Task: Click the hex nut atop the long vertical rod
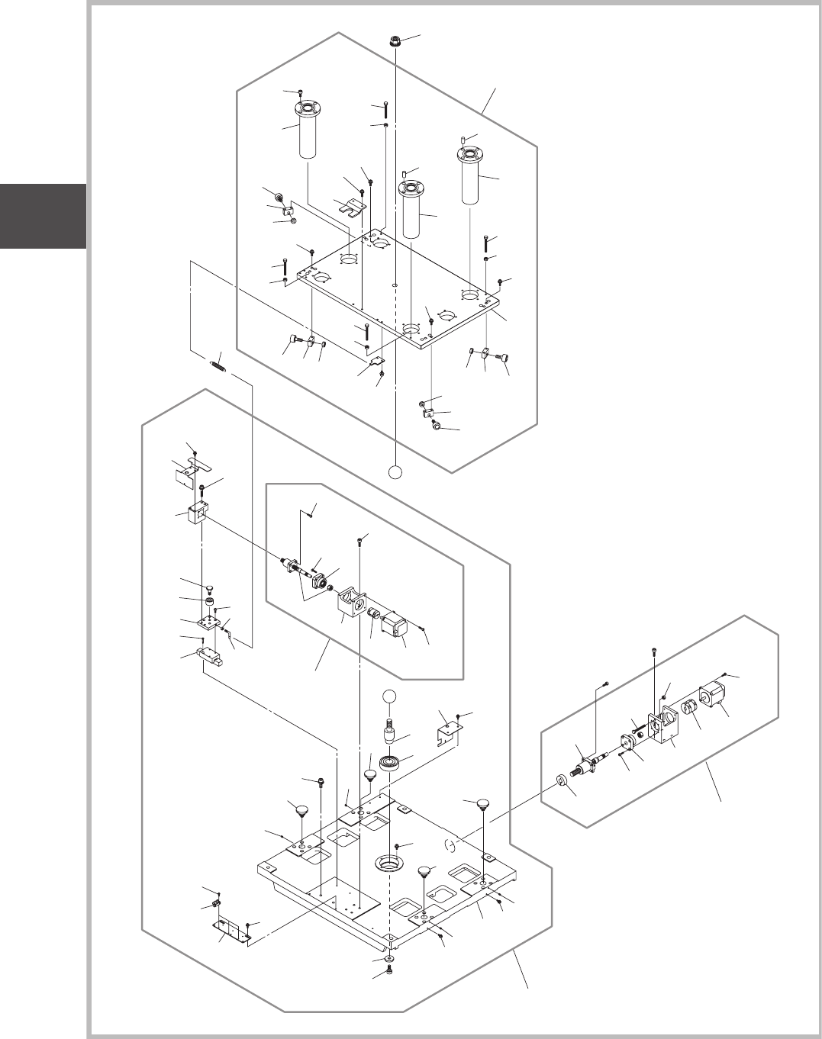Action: click(x=396, y=41)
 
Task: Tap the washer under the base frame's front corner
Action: click(x=389, y=957)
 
